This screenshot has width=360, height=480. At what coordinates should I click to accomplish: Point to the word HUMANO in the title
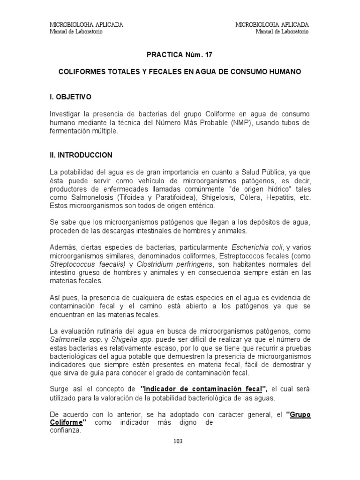pyautogui.click(x=285, y=73)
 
